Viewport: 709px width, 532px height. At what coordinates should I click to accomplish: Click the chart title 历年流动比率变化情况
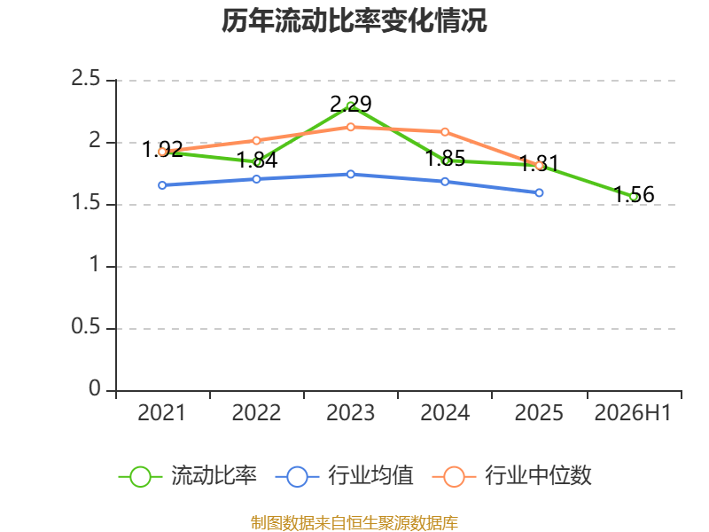click(354, 20)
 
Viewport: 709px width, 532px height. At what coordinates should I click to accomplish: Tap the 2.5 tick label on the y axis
click(85, 79)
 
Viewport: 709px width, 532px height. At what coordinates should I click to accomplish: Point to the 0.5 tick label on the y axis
click(85, 326)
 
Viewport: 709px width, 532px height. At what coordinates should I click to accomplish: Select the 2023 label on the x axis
click(350, 413)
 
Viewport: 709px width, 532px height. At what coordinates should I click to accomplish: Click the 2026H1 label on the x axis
click(633, 413)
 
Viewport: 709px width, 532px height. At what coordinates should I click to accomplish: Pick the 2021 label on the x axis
click(162, 413)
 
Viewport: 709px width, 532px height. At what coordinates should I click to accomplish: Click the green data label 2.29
click(351, 104)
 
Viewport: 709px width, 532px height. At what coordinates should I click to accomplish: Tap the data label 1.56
click(634, 194)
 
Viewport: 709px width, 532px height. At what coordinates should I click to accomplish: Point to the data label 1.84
click(257, 160)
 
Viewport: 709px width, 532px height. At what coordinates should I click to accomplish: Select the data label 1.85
click(446, 159)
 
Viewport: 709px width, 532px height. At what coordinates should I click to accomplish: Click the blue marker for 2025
click(539, 192)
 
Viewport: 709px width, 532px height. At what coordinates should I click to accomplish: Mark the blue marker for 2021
click(162, 185)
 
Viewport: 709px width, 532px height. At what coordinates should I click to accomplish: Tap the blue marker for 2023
click(350, 174)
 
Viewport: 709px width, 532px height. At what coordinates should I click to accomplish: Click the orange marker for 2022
click(256, 141)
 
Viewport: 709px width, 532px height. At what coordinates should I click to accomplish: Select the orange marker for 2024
click(445, 132)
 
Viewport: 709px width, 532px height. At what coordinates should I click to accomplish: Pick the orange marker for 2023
click(350, 127)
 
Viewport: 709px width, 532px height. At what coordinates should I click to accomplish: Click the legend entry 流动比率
click(188, 476)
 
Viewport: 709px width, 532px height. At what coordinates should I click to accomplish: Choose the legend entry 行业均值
click(344, 476)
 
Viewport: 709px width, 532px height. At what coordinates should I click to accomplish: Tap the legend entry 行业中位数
click(512, 476)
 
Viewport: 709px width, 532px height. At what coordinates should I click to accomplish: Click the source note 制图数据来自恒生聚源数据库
click(354, 523)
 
